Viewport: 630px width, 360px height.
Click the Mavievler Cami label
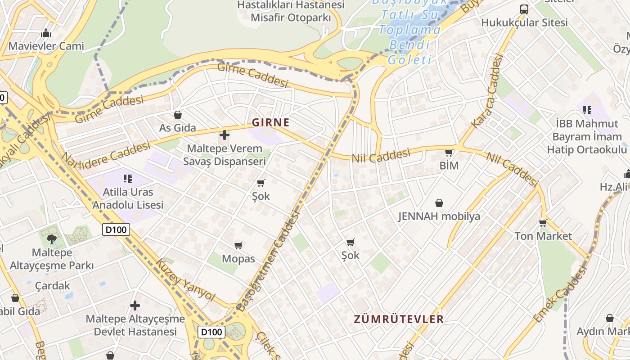pos(46,46)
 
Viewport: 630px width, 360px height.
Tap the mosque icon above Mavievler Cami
pos(46,33)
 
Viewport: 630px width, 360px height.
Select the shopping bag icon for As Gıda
pos(178,115)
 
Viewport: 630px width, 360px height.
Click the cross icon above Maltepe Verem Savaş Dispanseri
pos(224,135)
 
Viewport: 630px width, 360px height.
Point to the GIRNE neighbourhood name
pos(270,122)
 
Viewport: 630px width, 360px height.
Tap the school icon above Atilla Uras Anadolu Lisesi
pos(128,179)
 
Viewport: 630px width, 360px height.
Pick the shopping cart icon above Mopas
pos(238,245)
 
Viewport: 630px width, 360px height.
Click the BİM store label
pos(449,166)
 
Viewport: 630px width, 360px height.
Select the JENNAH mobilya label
pos(439,216)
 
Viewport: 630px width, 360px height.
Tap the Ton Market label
pos(543,236)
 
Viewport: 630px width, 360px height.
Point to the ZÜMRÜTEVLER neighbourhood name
pos(399,319)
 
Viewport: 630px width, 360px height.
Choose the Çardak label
pos(53,286)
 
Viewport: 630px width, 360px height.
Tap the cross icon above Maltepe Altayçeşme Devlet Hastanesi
pos(135,306)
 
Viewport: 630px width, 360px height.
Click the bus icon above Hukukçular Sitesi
pos(524,9)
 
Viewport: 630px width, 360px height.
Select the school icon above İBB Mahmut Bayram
pos(587,110)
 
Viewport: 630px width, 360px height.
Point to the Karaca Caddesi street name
pos(486,90)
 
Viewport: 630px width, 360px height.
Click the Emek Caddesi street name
pos(561,294)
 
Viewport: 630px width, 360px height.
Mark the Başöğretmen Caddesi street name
pos(269,261)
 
